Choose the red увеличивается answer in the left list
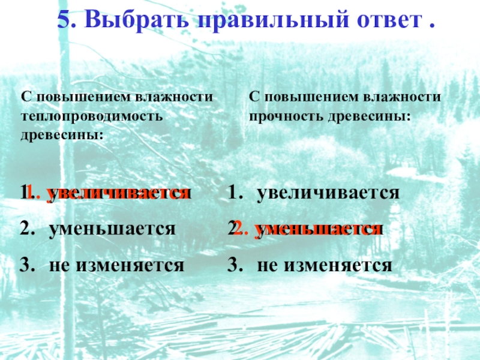[119, 193]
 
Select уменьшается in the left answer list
[113, 229]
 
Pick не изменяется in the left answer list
[117, 264]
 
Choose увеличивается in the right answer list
[328, 193]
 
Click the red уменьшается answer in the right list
[317, 229]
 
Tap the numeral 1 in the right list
[233, 193]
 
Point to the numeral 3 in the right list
[233, 264]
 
